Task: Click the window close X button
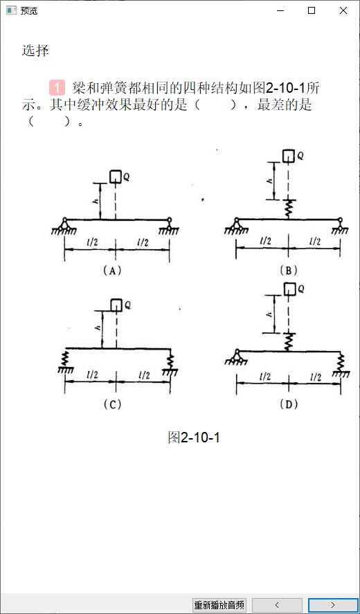tap(343, 10)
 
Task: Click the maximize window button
tap(312, 10)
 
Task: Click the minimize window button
tap(280, 10)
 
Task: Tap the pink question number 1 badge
tap(57, 88)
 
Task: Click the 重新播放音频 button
tap(219, 605)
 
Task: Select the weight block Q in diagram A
tap(116, 177)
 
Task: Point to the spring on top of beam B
tap(288, 209)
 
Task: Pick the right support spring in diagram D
tap(341, 362)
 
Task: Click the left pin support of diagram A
tap(64, 225)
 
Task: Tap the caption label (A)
tap(112, 271)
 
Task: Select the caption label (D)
tap(289, 404)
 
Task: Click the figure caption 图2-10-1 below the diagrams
tap(194, 437)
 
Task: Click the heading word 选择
tap(35, 51)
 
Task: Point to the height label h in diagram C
tap(98, 327)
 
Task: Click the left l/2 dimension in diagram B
tap(266, 241)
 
